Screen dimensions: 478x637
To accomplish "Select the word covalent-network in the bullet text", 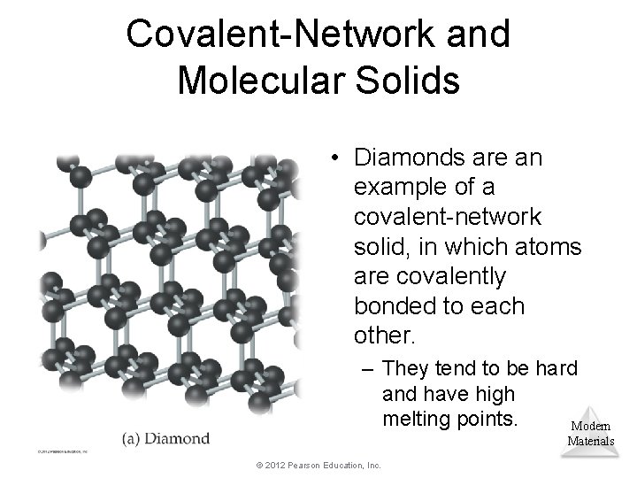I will [449, 218].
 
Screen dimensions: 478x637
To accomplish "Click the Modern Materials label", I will [590, 433].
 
